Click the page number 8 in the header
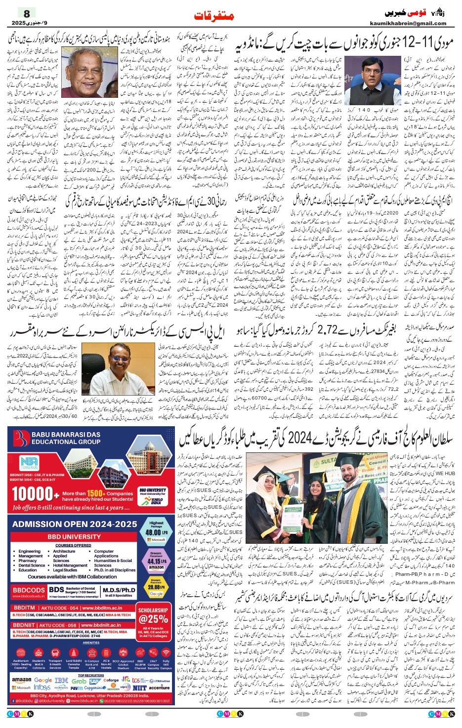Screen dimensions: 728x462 point(27,14)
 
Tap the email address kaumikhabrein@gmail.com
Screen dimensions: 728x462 point(408,23)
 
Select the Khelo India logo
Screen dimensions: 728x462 point(157,502)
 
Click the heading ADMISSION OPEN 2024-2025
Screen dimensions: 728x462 point(75,524)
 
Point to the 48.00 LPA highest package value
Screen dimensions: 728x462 point(156,532)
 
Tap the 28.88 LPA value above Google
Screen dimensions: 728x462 point(156,587)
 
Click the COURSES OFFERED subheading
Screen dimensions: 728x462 point(73,545)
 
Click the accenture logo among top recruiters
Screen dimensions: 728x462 point(159,687)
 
